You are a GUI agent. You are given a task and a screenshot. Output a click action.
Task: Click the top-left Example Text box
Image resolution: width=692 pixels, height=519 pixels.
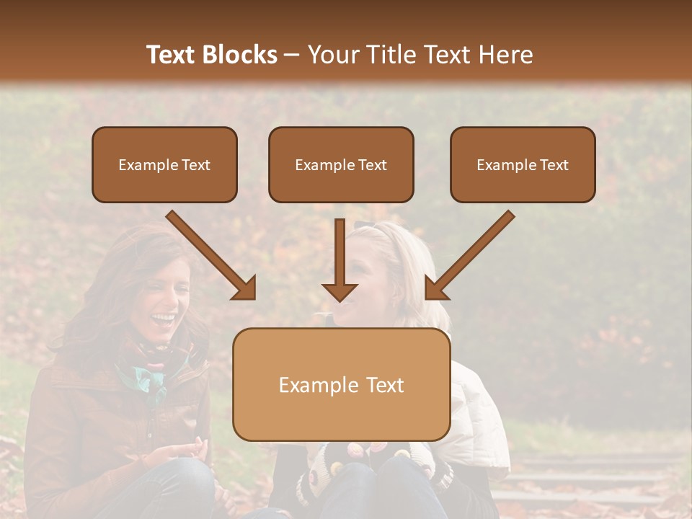[x=164, y=165]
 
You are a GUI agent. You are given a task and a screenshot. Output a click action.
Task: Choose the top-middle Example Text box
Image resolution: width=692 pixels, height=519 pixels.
[x=341, y=165]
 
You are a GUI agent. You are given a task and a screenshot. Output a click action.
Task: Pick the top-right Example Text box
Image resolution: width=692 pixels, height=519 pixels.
[x=523, y=165]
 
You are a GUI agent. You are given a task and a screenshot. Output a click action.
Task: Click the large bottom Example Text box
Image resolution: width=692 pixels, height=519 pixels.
[x=341, y=385]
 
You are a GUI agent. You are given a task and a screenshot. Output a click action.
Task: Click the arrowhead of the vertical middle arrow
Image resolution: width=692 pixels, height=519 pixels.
[x=340, y=291]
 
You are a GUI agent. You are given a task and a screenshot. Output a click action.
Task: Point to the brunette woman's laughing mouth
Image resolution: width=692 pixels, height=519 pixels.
[x=163, y=317]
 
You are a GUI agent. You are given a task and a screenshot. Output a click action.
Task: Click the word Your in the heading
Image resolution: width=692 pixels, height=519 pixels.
[x=332, y=55]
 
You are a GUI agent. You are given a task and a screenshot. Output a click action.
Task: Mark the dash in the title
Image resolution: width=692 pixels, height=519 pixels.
[x=292, y=56]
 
